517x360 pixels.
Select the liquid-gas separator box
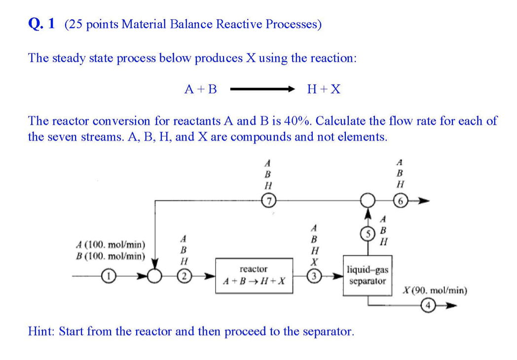tap(368, 276)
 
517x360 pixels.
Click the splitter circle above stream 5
tap(367, 201)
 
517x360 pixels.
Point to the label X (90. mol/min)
tap(435, 290)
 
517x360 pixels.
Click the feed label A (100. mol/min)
tap(111, 245)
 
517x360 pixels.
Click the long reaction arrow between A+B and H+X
tap(262, 90)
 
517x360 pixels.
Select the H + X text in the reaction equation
tap(323, 89)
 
